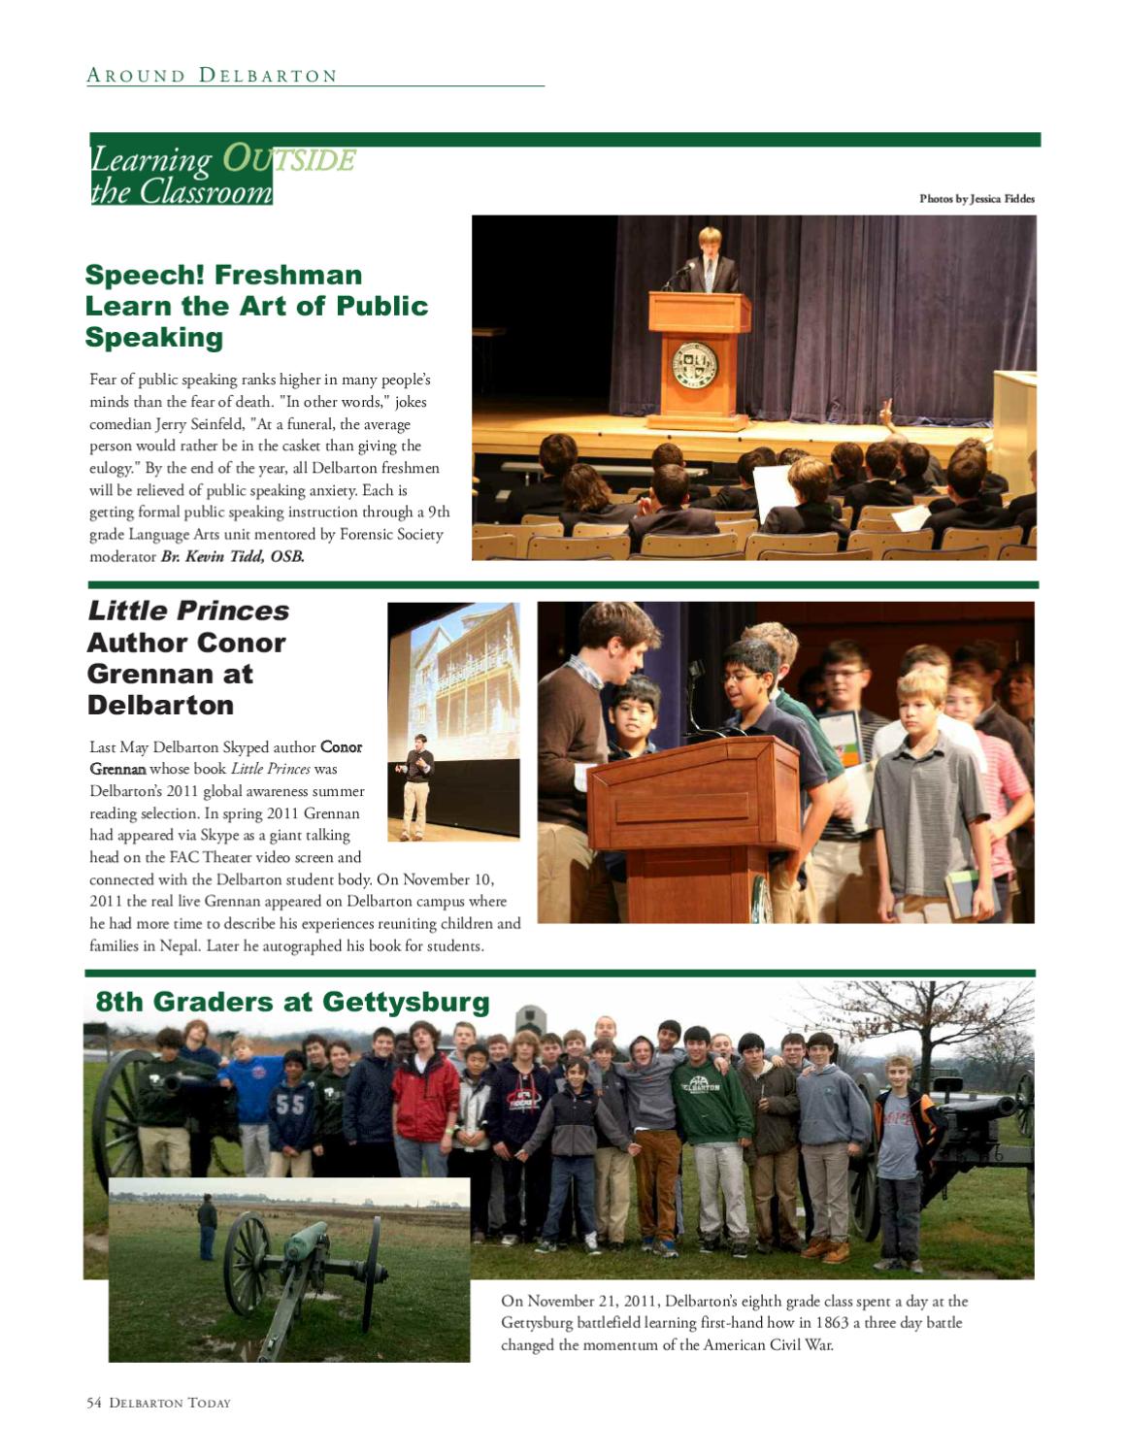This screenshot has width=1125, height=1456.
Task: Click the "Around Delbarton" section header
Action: pyautogui.click(x=212, y=76)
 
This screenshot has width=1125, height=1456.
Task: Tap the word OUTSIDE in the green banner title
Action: pyautogui.click(x=288, y=159)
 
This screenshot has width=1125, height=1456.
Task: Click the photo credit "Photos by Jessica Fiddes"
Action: pyautogui.click(x=976, y=199)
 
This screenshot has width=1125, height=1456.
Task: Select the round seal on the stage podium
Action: pyautogui.click(x=695, y=364)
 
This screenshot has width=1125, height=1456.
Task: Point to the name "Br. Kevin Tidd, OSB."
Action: pyautogui.click(x=232, y=556)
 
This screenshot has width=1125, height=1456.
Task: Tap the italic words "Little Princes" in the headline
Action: pyautogui.click(x=188, y=611)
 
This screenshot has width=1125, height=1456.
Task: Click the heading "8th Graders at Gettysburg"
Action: pyautogui.click(x=292, y=1002)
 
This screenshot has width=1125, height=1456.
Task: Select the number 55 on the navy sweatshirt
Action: pyautogui.click(x=290, y=1105)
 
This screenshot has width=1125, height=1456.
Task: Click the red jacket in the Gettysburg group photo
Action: pyautogui.click(x=425, y=1097)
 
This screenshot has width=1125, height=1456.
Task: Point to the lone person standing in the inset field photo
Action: pyautogui.click(x=207, y=1226)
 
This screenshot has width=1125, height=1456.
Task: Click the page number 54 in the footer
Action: pyautogui.click(x=94, y=1403)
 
